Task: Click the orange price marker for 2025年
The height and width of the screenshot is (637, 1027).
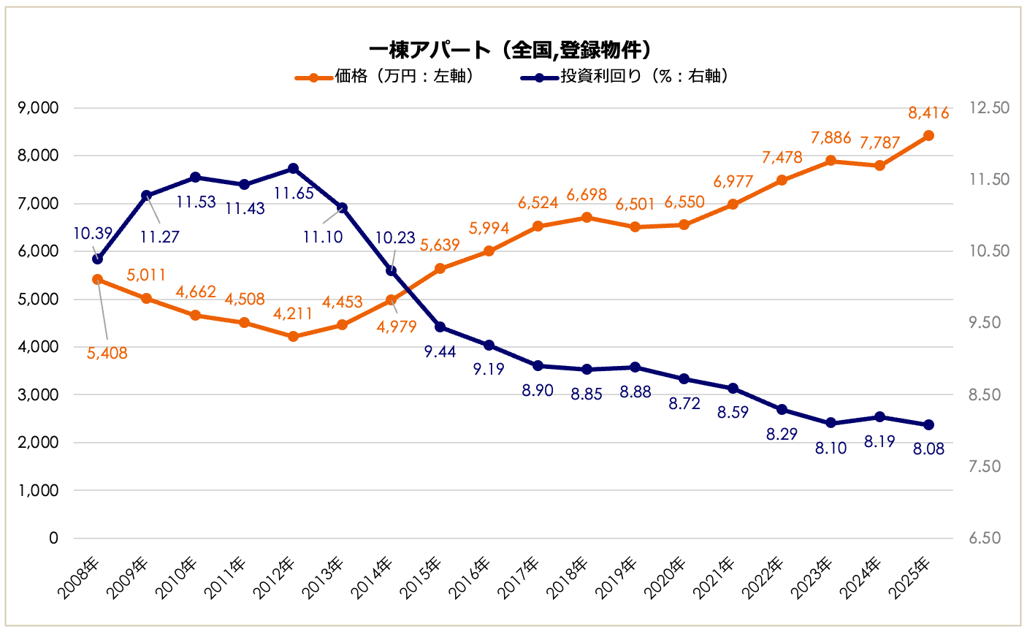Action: [x=928, y=136]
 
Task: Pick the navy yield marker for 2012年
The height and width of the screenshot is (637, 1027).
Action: [x=293, y=169]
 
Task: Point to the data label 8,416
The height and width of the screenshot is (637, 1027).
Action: [x=928, y=113]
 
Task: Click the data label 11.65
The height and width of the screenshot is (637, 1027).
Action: [x=294, y=194]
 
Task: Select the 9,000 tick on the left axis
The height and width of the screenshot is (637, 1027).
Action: [x=38, y=108]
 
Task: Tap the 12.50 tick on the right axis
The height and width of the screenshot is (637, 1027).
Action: [x=989, y=108]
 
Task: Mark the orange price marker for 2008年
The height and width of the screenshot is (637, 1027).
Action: [x=97, y=279]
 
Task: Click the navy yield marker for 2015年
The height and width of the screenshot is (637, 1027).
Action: [x=440, y=327]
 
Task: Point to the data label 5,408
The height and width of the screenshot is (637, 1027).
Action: [x=107, y=354]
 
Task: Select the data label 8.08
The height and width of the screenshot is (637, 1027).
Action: [x=928, y=449]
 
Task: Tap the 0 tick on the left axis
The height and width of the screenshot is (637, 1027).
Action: [x=53, y=538]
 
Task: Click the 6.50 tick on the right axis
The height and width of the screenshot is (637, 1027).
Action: [x=984, y=538]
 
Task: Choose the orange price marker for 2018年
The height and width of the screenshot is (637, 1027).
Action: [x=587, y=218]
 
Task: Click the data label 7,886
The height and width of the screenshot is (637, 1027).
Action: [x=831, y=138]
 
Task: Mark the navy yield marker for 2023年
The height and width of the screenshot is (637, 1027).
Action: [x=831, y=423]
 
